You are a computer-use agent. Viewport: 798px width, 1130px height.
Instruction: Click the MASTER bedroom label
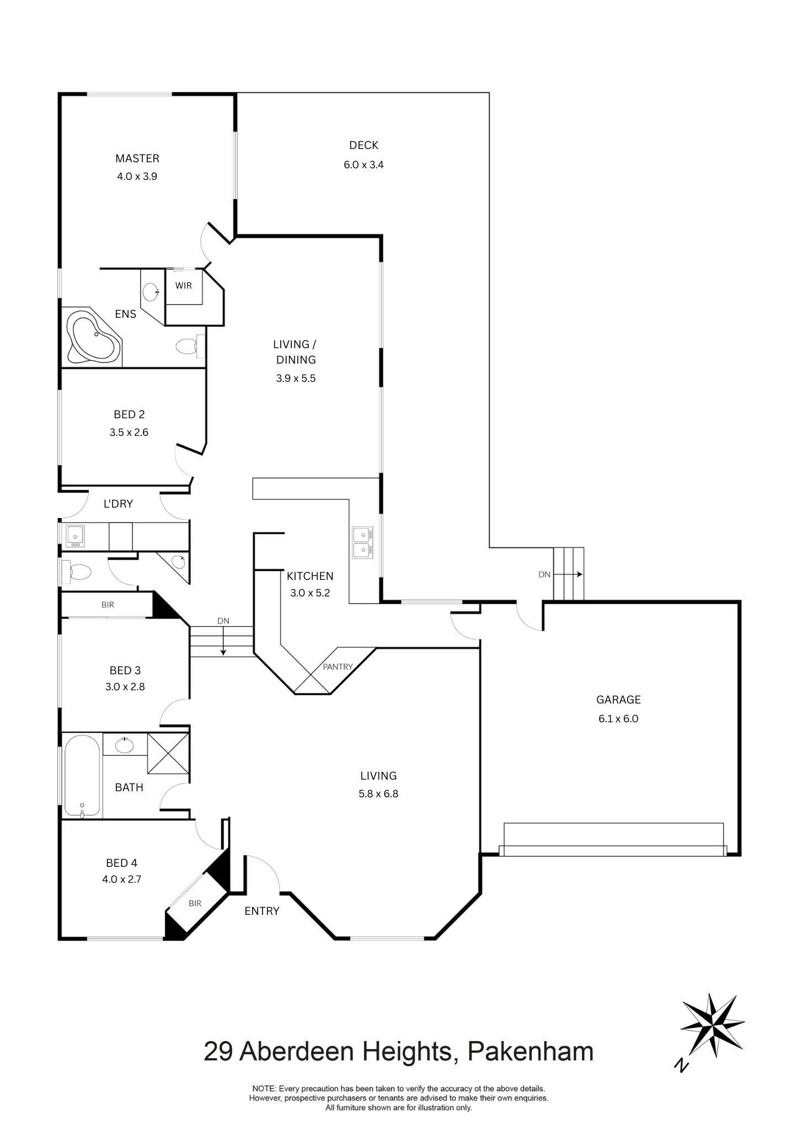coord(137,158)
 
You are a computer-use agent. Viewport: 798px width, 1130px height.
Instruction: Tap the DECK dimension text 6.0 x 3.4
coord(363,164)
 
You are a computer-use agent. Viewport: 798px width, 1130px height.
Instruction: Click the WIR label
coord(184,286)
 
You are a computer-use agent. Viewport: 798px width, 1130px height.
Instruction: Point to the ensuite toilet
coord(188,347)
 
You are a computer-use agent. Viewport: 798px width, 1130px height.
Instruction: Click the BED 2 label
coord(129,414)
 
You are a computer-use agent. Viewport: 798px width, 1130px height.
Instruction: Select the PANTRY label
coord(338,667)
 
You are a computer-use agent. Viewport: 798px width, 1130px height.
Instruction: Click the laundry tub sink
coord(74,535)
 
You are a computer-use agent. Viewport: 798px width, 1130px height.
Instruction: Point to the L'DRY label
coord(118,503)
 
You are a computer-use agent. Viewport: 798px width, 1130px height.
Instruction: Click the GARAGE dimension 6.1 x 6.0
coord(618,718)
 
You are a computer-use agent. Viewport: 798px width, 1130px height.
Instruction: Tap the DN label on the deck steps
coord(544,574)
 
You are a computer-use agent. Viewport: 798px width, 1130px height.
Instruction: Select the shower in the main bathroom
coord(168,753)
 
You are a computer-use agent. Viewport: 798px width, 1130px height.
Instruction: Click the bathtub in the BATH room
coord(83,776)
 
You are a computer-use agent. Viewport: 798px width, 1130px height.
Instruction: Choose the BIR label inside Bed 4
coord(195,903)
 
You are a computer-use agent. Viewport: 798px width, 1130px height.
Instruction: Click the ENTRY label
coord(262,911)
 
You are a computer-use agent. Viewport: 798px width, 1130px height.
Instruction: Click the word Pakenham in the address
coord(531,1052)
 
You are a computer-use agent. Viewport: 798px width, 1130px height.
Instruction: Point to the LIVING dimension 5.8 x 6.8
coord(378,794)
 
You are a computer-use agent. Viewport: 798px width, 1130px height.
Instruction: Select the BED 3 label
coord(125,670)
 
